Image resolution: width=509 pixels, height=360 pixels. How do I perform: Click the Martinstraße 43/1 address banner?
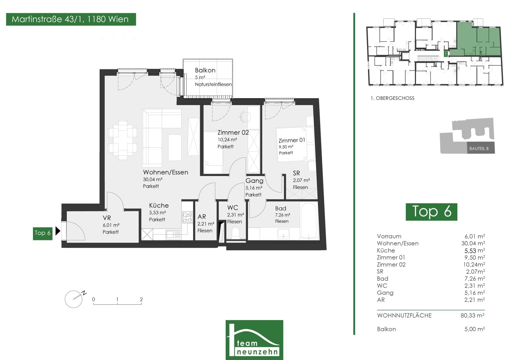[x=71, y=19]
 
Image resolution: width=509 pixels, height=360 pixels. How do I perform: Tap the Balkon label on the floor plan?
[x=205, y=70]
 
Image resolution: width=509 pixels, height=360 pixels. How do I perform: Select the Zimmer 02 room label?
[x=233, y=133]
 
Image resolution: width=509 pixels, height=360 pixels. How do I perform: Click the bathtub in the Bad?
[x=309, y=221]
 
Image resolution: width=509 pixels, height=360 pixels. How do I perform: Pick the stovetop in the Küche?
[x=187, y=217]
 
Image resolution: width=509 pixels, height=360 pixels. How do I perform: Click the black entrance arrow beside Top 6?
[x=58, y=231]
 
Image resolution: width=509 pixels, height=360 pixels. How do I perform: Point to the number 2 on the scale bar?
[x=141, y=299]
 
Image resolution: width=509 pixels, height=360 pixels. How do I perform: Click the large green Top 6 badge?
[x=431, y=212]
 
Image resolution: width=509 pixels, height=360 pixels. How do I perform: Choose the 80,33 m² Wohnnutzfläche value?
[x=472, y=315]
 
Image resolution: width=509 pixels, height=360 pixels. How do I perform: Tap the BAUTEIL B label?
[x=479, y=149]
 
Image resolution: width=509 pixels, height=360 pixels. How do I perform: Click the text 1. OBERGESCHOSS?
[x=392, y=98]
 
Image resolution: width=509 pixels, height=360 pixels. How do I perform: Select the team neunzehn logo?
[x=254, y=340]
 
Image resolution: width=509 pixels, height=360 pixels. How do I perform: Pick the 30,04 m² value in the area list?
[x=473, y=243]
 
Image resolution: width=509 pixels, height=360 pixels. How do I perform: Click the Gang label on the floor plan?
[x=254, y=181]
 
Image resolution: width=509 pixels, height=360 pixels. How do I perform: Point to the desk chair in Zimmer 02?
[x=244, y=117]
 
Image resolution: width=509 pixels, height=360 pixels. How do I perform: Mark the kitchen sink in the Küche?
[x=174, y=234]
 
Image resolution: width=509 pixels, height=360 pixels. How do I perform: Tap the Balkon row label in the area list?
[x=386, y=329]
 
